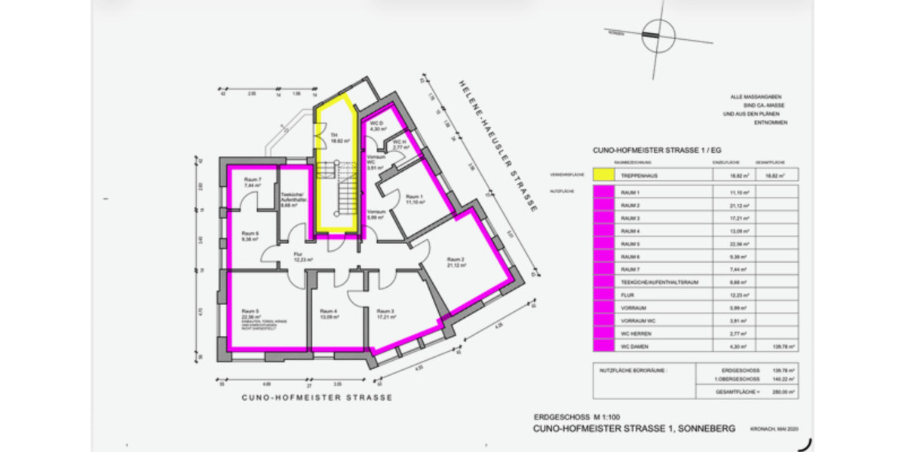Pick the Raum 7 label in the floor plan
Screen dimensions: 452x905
coord(253,179)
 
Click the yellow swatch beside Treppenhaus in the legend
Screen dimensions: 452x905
coord(603,174)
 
